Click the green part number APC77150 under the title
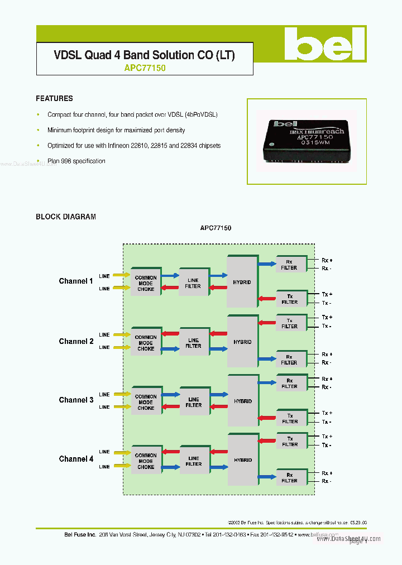coord(145,68)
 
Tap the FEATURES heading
coord(54,98)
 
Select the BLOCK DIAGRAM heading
coord(66,217)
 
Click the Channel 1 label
coord(76,281)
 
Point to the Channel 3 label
coord(76,400)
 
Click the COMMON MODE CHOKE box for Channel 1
coord(146,283)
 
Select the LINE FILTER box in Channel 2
coord(193,343)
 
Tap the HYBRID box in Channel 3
coord(242,400)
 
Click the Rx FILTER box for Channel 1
coord(289,265)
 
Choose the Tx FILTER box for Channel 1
coord(289,299)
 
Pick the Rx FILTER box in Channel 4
coord(289,477)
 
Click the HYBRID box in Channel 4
coord(242,459)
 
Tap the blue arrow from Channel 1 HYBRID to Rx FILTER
coord(267,264)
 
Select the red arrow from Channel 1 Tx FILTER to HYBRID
coord(267,299)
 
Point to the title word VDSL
coord(68,55)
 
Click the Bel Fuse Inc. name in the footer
coord(79,534)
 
